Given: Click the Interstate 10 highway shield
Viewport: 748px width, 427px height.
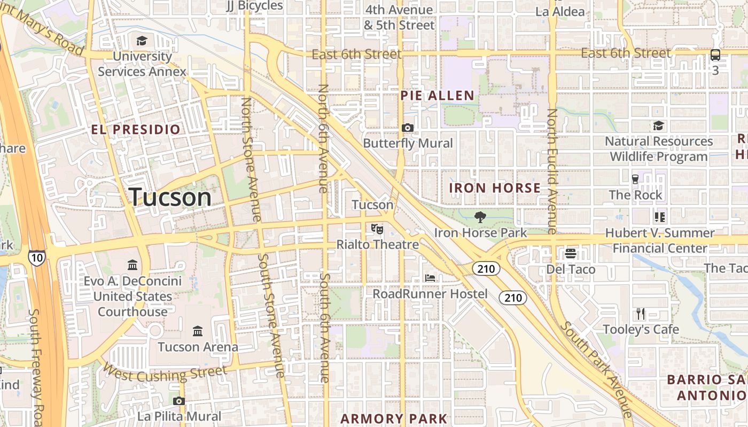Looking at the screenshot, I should (x=37, y=258).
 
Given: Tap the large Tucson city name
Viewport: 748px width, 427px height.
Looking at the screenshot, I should (x=170, y=197).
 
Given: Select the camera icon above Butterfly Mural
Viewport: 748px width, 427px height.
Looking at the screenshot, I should (x=408, y=128).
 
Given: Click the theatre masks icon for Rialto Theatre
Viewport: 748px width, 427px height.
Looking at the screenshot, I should (x=377, y=228).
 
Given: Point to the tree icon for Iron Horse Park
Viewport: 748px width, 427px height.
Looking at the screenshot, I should (x=480, y=217).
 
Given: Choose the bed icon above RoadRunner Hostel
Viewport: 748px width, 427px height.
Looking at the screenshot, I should (x=430, y=278).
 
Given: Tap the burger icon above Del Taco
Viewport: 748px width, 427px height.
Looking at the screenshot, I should (x=571, y=254).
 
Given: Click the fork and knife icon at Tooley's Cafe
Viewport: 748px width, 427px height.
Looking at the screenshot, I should (x=641, y=314).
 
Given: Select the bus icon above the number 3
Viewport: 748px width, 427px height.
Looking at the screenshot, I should (x=715, y=55).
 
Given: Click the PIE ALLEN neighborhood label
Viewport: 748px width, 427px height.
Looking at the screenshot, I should (x=437, y=96).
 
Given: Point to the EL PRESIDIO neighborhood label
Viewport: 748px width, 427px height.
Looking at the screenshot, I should (x=136, y=130).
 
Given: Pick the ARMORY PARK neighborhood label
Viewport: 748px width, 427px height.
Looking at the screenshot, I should (x=393, y=418).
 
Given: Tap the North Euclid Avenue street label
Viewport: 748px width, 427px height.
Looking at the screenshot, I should (x=552, y=171).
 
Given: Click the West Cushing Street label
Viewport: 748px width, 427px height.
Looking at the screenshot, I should (x=165, y=373).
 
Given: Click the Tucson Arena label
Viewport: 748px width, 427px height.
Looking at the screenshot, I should (x=198, y=347).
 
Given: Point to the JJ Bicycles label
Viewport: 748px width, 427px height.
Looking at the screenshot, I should (x=254, y=6).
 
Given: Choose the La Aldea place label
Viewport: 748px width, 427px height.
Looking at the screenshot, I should (x=560, y=11).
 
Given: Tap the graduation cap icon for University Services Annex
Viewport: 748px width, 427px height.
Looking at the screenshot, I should (x=142, y=41).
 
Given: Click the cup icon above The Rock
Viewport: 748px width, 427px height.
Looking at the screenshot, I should (x=635, y=179).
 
